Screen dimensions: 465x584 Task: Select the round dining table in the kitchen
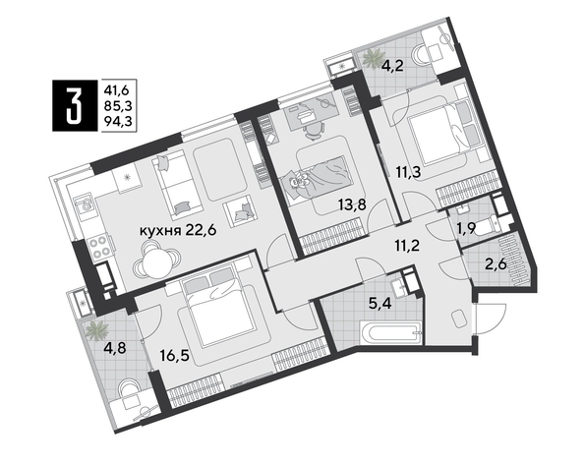pyautogui.click(x=156, y=262)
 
